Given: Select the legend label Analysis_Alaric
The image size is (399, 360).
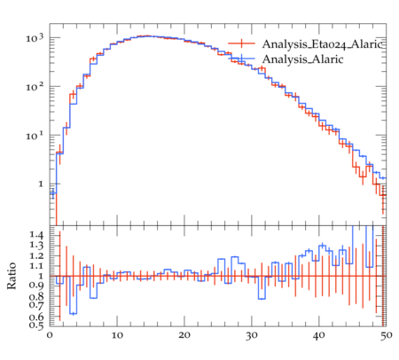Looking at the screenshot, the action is (303, 59).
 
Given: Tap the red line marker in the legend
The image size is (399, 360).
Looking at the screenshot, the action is (241, 43).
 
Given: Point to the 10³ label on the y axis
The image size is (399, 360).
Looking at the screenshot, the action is (35, 38).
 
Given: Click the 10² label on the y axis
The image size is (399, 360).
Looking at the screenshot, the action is (35, 87).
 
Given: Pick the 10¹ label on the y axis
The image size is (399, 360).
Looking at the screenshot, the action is (35, 136).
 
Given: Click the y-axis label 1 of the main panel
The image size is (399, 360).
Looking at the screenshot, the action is (41, 184).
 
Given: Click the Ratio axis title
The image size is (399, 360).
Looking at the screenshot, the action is (12, 276).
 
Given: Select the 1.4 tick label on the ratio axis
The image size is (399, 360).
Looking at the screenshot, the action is (36, 235).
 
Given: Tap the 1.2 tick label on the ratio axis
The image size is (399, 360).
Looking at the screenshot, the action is (36, 256).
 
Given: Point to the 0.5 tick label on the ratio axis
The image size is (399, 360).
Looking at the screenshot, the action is (36, 325).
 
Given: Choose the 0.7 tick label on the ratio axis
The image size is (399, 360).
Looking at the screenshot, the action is (36, 305).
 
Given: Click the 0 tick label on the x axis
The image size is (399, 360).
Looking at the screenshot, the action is (50, 335).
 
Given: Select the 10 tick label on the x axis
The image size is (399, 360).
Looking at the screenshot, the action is (117, 335).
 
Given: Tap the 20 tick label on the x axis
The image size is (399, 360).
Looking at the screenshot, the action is (184, 335).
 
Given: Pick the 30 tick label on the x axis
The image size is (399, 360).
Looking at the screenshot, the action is (252, 335).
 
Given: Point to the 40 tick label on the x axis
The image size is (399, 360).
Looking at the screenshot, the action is (318, 335).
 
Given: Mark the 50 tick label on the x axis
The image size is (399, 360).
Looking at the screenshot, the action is (386, 335).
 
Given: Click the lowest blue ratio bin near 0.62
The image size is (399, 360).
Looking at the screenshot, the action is (73, 314).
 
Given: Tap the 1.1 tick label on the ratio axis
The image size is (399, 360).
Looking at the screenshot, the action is (36, 266).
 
